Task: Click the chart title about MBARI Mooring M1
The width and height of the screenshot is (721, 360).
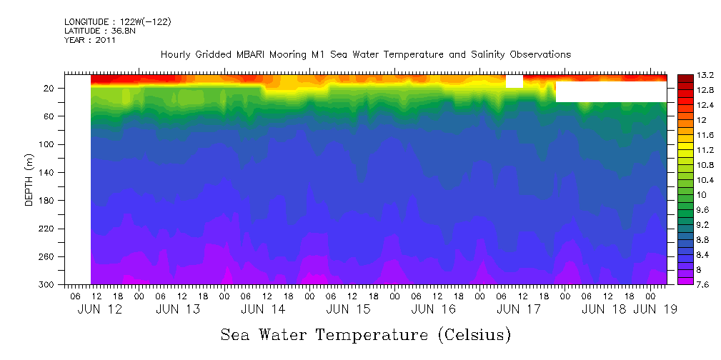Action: coord(365,54)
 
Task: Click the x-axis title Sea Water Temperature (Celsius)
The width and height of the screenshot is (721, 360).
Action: coord(365,334)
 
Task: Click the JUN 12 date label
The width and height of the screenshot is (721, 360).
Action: coord(100,309)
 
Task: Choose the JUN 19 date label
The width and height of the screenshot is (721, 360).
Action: coord(655,309)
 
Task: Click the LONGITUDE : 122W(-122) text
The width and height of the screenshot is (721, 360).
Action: coord(118,22)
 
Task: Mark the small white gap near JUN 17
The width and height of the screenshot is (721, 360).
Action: coord(514,81)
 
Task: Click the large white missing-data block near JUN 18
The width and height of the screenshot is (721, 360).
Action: coord(611,91)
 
